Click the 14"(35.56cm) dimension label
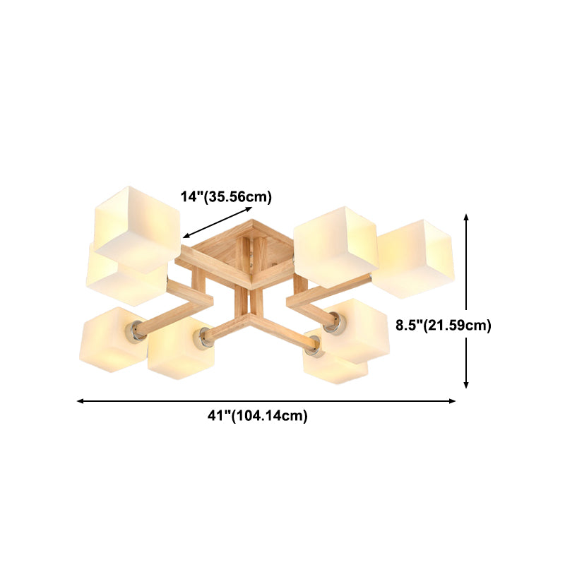point(226,197)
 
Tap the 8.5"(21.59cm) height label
point(444,326)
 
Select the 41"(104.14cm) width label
point(258,415)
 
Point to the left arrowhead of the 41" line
point(81,401)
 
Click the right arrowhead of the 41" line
point(452,401)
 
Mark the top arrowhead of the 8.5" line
point(466,217)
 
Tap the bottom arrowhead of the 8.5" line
point(466,385)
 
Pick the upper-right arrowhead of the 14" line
point(249,208)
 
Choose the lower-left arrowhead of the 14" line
point(186,236)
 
